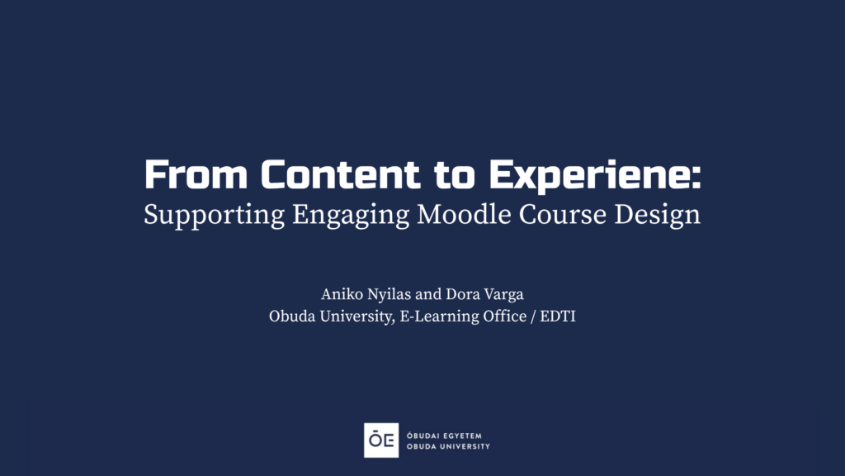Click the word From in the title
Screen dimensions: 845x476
196,174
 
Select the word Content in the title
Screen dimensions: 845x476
340,174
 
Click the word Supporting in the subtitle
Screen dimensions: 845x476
214,215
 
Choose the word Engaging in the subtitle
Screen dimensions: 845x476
351,215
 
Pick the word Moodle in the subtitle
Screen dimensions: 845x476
464,214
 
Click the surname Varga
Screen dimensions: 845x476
503,295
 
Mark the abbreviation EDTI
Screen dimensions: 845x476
558,316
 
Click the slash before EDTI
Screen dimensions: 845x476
534,317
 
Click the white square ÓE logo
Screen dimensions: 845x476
381,440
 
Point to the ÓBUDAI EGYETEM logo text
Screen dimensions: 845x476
444,436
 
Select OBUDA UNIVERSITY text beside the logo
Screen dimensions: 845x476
448,446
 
